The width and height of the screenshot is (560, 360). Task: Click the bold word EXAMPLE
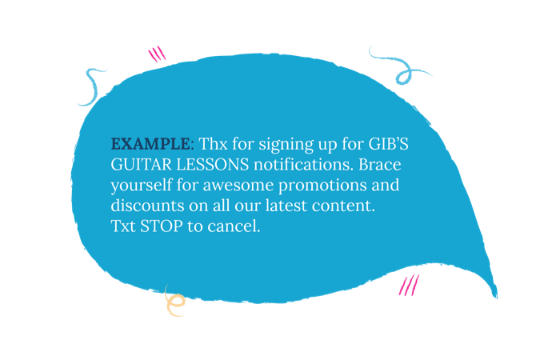click(x=150, y=144)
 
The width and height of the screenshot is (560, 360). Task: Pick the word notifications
click(x=303, y=165)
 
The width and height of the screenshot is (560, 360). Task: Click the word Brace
click(x=380, y=165)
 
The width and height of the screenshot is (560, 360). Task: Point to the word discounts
click(x=147, y=206)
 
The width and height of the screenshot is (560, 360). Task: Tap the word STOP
click(x=161, y=226)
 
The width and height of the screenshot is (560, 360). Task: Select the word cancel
click(x=234, y=226)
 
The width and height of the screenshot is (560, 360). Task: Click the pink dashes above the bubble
click(x=157, y=54)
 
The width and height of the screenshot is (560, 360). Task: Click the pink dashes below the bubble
click(x=409, y=285)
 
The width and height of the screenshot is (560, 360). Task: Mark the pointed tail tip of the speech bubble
click(x=497, y=298)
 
